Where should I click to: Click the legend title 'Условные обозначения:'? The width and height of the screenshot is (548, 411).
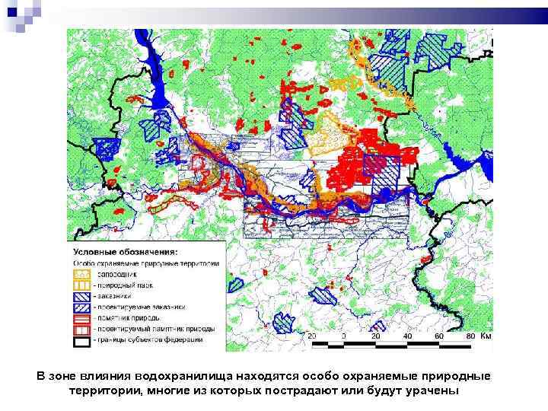tap(126, 252)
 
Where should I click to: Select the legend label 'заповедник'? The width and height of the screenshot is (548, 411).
tap(119, 273)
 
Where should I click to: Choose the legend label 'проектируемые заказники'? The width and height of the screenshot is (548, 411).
tap(140, 307)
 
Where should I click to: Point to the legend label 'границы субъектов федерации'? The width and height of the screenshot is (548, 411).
tap(148, 339)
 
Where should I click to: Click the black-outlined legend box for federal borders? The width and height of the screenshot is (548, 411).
tap(81, 340)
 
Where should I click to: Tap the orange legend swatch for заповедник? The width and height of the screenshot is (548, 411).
tap(81, 273)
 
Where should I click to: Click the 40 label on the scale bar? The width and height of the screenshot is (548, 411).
tap(409, 336)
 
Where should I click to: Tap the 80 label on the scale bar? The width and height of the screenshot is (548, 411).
tap(472, 336)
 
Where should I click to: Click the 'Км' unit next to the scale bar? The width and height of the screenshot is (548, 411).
tap(486, 336)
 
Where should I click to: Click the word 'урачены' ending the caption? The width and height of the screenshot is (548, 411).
tap(432, 390)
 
